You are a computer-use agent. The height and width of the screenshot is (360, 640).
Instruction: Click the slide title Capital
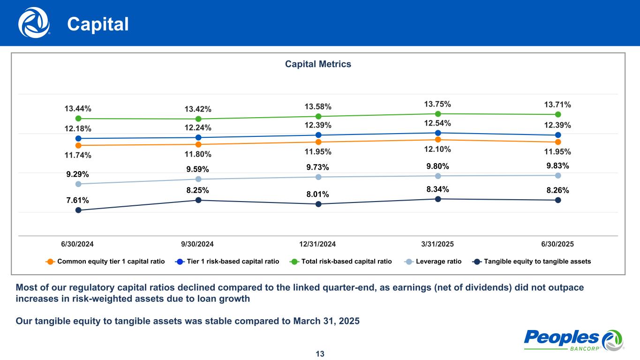(x=98, y=24)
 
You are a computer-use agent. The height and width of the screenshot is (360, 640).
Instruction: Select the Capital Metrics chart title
(x=318, y=64)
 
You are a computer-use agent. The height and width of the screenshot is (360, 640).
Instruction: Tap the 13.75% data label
(x=437, y=104)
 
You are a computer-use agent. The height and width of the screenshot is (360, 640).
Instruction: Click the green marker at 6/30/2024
(x=78, y=119)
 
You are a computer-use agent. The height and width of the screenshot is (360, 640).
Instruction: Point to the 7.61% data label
(x=77, y=200)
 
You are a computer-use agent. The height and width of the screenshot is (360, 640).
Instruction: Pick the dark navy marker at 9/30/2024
(x=198, y=200)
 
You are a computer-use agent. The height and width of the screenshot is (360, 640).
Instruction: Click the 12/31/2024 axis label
(x=318, y=244)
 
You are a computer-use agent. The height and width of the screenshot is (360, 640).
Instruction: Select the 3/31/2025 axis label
(x=437, y=244)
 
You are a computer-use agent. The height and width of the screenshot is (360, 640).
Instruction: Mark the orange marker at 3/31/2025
(x=437, y=139)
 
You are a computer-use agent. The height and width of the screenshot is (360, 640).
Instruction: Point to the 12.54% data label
(x=437, y=123)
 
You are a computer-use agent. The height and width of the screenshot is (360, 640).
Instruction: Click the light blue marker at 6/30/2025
(x=558, y=175)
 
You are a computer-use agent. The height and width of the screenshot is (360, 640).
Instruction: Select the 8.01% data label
(x=318, y=194)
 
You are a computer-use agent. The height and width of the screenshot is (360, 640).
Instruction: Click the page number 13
(x=320, y=353)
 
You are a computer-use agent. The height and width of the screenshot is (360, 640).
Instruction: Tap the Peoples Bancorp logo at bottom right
(x=573, y=339)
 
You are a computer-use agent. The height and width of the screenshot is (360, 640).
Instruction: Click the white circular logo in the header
(x=34, y=22)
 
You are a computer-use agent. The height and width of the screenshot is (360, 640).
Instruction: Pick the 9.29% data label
(x=77, y=174)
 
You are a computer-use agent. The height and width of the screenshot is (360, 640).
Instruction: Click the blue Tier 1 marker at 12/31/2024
(x=318, y=135)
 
